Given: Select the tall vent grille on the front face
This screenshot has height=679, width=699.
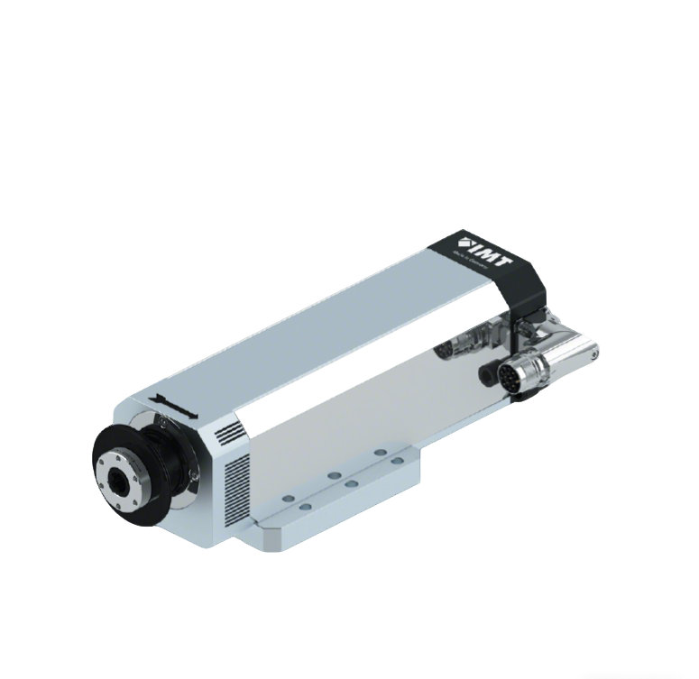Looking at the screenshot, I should click(236, 491).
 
